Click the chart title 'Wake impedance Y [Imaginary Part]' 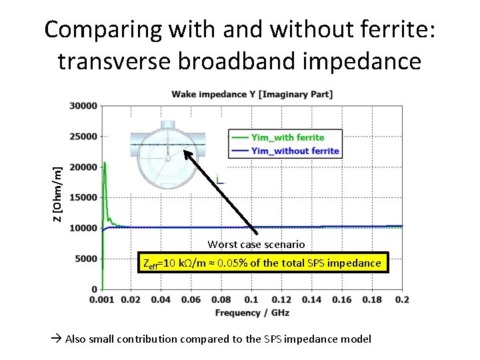252,94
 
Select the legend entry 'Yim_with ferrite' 287,137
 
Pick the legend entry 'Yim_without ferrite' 295,151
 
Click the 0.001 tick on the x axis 101,300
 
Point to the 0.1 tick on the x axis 251,300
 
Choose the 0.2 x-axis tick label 402,300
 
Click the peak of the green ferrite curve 104,163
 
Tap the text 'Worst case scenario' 256,245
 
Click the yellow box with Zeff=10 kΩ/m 262,263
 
